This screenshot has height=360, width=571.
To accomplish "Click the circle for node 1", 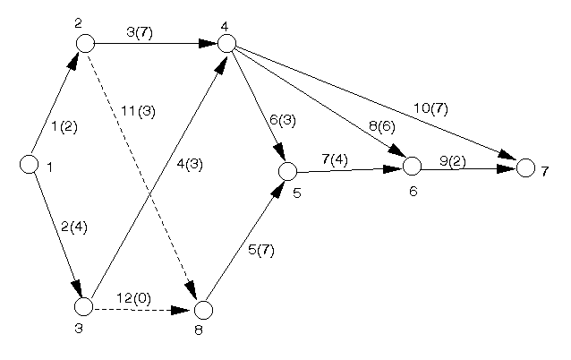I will click(29, 165).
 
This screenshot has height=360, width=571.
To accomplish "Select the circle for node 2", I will click(85, 42).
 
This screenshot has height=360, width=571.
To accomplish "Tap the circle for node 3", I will click(83, 307).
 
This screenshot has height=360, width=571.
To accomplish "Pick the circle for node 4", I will click(226, 42).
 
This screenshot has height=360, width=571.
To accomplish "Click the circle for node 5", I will click(287, 171).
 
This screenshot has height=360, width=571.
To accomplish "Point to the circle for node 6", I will click(412, 166).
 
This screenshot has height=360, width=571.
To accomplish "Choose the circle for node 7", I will click(525, 167).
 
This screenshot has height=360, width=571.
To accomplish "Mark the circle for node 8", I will click(203, 310).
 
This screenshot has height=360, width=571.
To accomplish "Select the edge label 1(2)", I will click(64, 126).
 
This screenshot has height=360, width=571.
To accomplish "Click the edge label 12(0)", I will click(133, 297).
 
